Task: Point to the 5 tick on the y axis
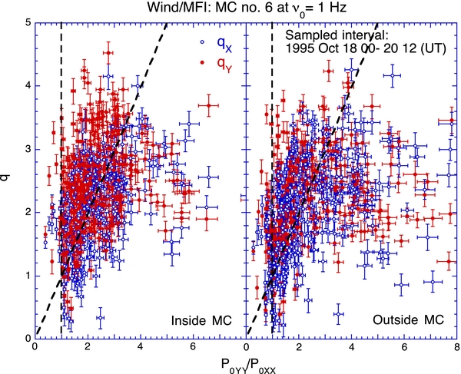26,22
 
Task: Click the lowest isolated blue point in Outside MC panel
338,313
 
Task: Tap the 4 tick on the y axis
26,85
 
